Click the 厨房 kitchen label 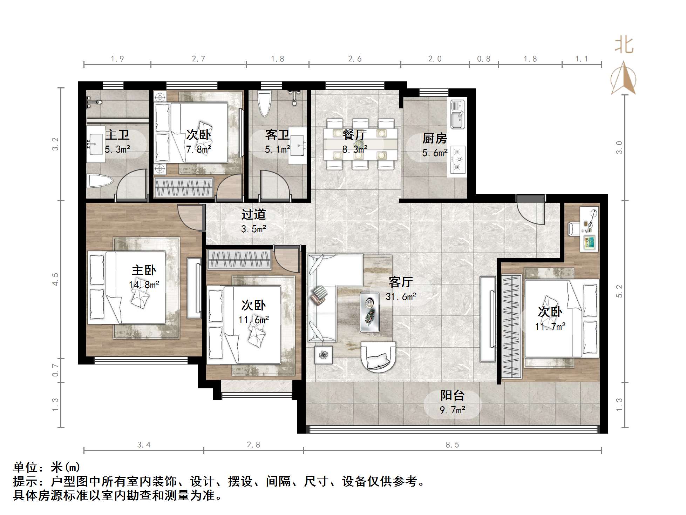(434, 139)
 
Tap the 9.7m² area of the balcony (453, 410)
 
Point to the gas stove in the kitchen (457, 160)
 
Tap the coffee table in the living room (369, 312)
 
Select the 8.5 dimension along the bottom (452, 445)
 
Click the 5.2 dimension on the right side (620, 291)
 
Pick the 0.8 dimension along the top (483, 59)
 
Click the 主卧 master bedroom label (144, 270)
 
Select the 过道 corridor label (253, 214)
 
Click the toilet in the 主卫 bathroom (99, 181)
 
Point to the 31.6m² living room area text (401, 297)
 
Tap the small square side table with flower (323, 355)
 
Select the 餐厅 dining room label (354, 134)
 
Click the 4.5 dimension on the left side (55, 279)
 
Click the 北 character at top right (624, 45)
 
